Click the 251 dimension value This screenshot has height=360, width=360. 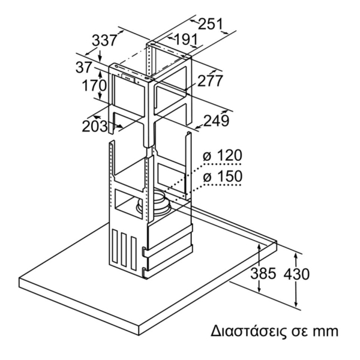211,24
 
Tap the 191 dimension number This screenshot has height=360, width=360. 186,39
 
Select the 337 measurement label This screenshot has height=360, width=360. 104,41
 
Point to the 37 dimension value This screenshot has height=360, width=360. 83,67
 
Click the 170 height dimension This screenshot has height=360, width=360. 94,85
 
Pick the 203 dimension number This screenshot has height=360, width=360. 95,126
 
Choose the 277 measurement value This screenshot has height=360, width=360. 211,80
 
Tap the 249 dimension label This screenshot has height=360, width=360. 216,121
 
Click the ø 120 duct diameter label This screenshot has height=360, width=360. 223,155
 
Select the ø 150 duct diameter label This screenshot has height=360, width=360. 223,176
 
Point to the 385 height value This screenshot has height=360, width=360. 263,274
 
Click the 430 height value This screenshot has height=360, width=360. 296,274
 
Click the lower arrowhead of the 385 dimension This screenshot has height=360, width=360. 259,289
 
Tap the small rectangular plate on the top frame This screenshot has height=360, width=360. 128,77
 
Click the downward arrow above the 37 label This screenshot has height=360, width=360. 100,56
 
